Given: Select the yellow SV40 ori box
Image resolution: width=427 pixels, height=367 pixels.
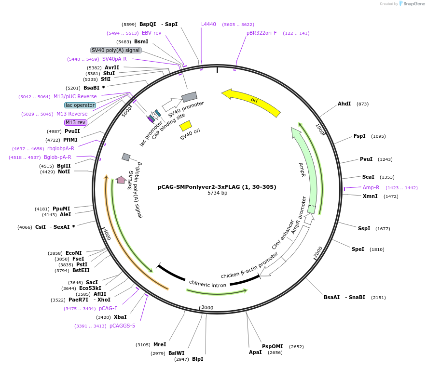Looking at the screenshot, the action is tap(185, 126).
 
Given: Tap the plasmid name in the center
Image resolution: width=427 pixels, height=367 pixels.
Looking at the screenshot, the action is tap(217, 187).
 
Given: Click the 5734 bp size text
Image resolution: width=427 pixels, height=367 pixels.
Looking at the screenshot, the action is tap(217, 193).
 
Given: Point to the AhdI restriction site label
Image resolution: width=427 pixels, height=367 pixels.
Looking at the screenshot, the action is tap(344, 104).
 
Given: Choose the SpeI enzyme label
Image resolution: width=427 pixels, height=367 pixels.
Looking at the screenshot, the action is tap(358, 249).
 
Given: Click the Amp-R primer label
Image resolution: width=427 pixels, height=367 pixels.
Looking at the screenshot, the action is tap(371, 187).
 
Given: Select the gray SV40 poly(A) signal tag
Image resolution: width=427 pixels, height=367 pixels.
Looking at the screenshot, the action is tap(116, 50).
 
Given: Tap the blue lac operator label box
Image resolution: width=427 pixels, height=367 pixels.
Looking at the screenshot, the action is tap(80, 105).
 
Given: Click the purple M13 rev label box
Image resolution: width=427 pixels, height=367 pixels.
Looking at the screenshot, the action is tap(75, 123).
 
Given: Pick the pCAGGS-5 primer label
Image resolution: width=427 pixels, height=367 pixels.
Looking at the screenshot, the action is tap(122, 326).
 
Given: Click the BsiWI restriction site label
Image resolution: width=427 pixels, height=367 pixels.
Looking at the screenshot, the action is tap(177, 353).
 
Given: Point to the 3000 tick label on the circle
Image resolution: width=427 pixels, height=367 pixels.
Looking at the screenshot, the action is tap(207, 307).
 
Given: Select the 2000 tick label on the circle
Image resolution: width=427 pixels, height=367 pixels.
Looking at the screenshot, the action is tap(318, 252).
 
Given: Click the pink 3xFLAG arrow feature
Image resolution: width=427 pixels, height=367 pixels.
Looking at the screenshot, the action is tap(121, 180).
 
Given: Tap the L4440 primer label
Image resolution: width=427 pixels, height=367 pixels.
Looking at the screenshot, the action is tap(208, 24).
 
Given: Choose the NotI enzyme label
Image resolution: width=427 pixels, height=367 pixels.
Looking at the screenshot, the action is tap(64, 171).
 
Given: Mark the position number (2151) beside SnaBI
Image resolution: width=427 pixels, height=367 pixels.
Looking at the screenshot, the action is tap(378, 298).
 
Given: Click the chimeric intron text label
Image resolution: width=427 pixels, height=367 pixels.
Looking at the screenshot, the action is tap(207, 284).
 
